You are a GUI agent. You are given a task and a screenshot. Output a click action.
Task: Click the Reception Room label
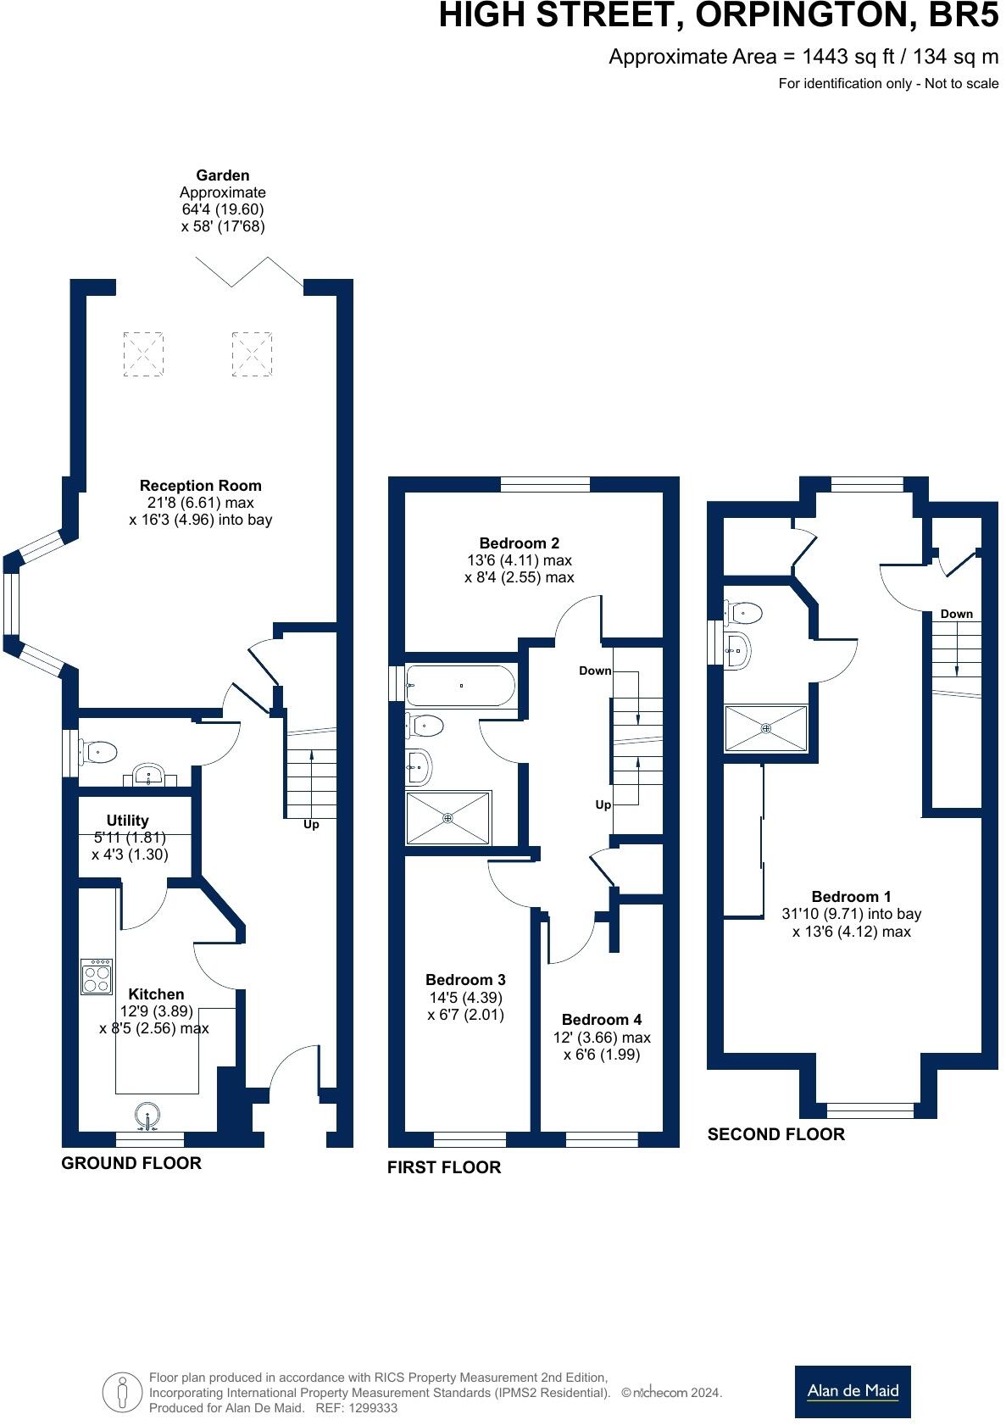tap(200, 486)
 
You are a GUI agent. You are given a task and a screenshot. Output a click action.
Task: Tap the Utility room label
tap(128, 820)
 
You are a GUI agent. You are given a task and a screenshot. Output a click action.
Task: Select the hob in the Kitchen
tap(96, 977)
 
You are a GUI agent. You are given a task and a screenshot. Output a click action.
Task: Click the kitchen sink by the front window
tap(147, 1116)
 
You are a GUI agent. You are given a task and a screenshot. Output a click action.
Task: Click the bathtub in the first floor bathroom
tap(459, 685)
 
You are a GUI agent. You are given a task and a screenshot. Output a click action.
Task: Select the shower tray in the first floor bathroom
tap(447, 818)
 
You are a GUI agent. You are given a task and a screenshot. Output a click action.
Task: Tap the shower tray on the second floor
tap(766, 727)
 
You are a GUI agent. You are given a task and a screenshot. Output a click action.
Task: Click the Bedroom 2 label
tap(519, 543)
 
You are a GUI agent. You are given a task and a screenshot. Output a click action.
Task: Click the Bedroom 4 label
tap(601, 1020)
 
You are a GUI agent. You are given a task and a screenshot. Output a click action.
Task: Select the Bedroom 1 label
tap(851, 897)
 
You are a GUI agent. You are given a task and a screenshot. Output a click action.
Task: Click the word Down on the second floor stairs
tap(956, 614)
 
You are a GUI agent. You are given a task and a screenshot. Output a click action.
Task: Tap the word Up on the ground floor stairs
tap(311, 825)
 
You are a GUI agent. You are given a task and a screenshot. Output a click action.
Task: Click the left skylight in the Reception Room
tap(143, 354)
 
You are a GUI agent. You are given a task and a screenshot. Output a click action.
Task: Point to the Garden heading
tap(223, 175)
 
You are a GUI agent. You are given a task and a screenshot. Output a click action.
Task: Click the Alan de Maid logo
tap(852, 1390)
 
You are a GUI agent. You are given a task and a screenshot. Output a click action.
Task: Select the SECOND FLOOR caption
tap(775, 1134)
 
